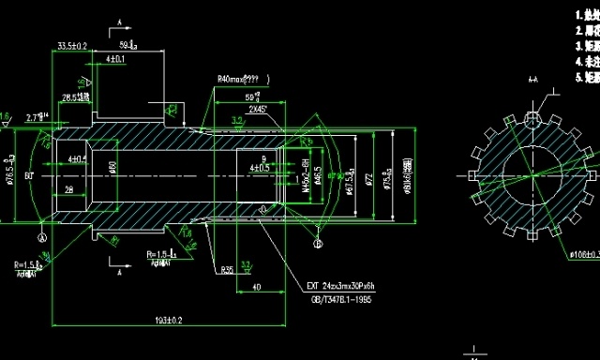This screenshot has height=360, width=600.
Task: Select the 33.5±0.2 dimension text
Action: click(x=72, y=45)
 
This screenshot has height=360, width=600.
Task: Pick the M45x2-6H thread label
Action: click(x=306, y=174)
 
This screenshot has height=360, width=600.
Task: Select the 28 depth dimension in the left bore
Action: click(x=69, y=189)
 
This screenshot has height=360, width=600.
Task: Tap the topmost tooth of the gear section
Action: click(x=530, y=120)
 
